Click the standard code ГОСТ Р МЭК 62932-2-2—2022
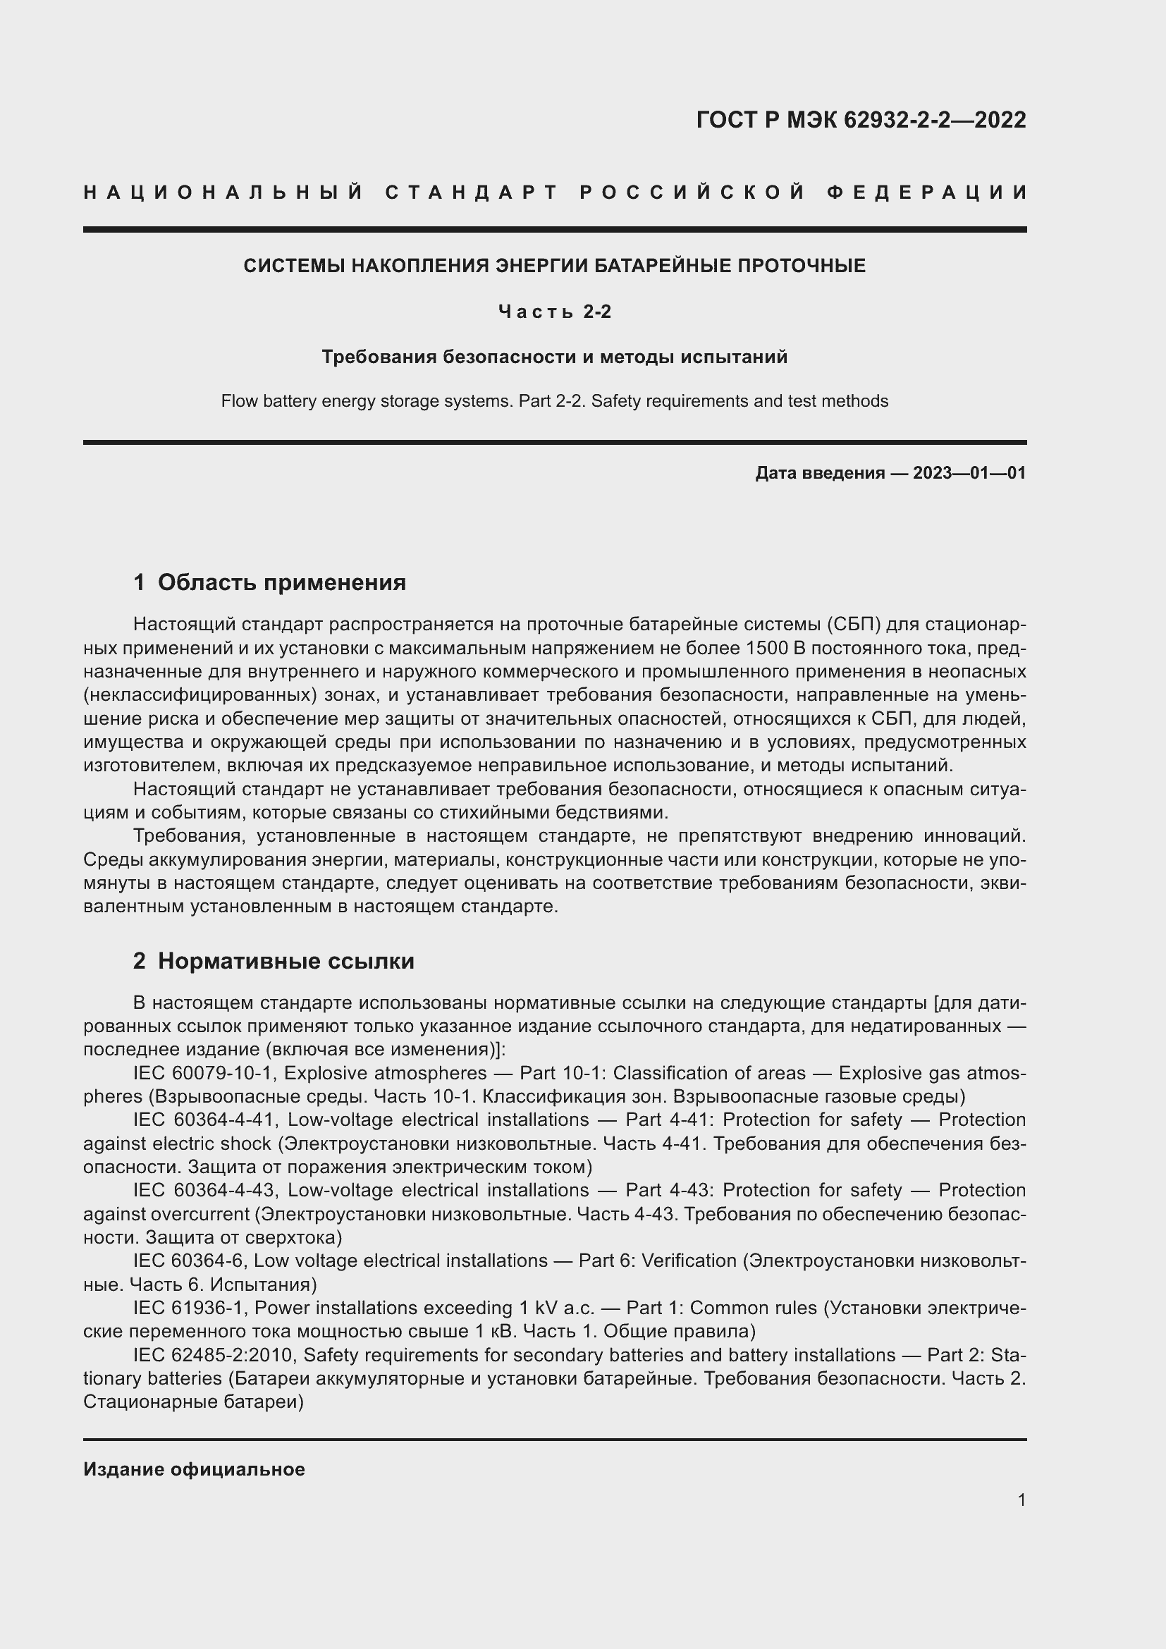pos(861,120)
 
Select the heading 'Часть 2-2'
pos(554,312)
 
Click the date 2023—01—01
pos(969,472)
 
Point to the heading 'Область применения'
pos(281,582)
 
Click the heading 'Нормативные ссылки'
pos(286,961)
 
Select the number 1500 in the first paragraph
pos(767,649)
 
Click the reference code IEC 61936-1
pos(189,1308)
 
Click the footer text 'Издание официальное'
pos(194,1469)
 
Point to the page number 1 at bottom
pos(1021,1500)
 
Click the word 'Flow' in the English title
pos(238,401)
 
